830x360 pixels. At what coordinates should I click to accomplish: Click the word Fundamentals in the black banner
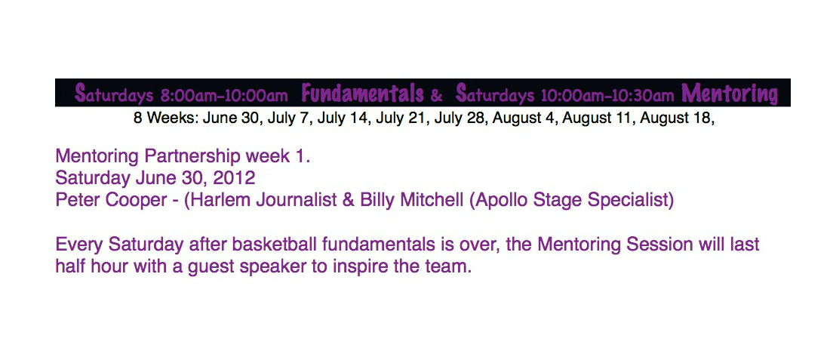tap(363, 94)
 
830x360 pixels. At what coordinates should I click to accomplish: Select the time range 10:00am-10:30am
tap(607, 96)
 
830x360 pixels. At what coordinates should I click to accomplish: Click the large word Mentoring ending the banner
tap(730, 94)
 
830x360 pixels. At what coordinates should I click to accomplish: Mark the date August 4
tap(525, 118)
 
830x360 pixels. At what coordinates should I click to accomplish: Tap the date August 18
tap(677, 118)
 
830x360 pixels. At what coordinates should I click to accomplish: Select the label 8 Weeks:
tap(166, 118)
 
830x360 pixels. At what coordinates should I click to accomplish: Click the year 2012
tap(233, 178)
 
